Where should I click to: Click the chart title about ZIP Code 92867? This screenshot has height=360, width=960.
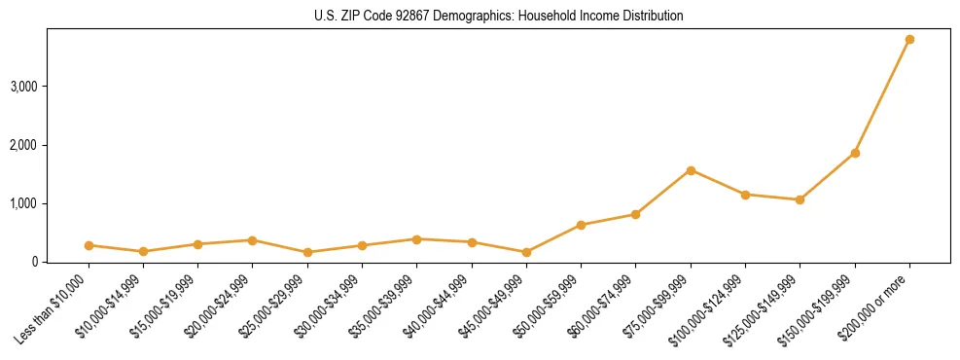[499, 17]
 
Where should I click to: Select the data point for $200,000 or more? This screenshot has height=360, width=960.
[909, 40]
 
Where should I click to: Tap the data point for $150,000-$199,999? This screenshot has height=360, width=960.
[855, 153]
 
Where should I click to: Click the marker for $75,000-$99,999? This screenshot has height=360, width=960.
[691, 170]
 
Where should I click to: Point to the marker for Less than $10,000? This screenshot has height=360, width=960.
[89, 245]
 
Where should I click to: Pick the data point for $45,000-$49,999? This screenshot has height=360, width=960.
[526, 252]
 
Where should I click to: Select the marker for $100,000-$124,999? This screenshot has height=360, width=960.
[745, 195]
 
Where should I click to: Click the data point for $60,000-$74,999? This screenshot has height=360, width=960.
[635, 214]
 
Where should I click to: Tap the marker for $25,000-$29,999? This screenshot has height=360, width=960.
[307, 252]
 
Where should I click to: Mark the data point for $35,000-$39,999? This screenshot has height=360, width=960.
[416, 239]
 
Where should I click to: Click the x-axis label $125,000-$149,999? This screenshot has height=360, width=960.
[766, 307]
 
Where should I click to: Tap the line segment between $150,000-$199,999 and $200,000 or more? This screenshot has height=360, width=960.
[882, 96]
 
